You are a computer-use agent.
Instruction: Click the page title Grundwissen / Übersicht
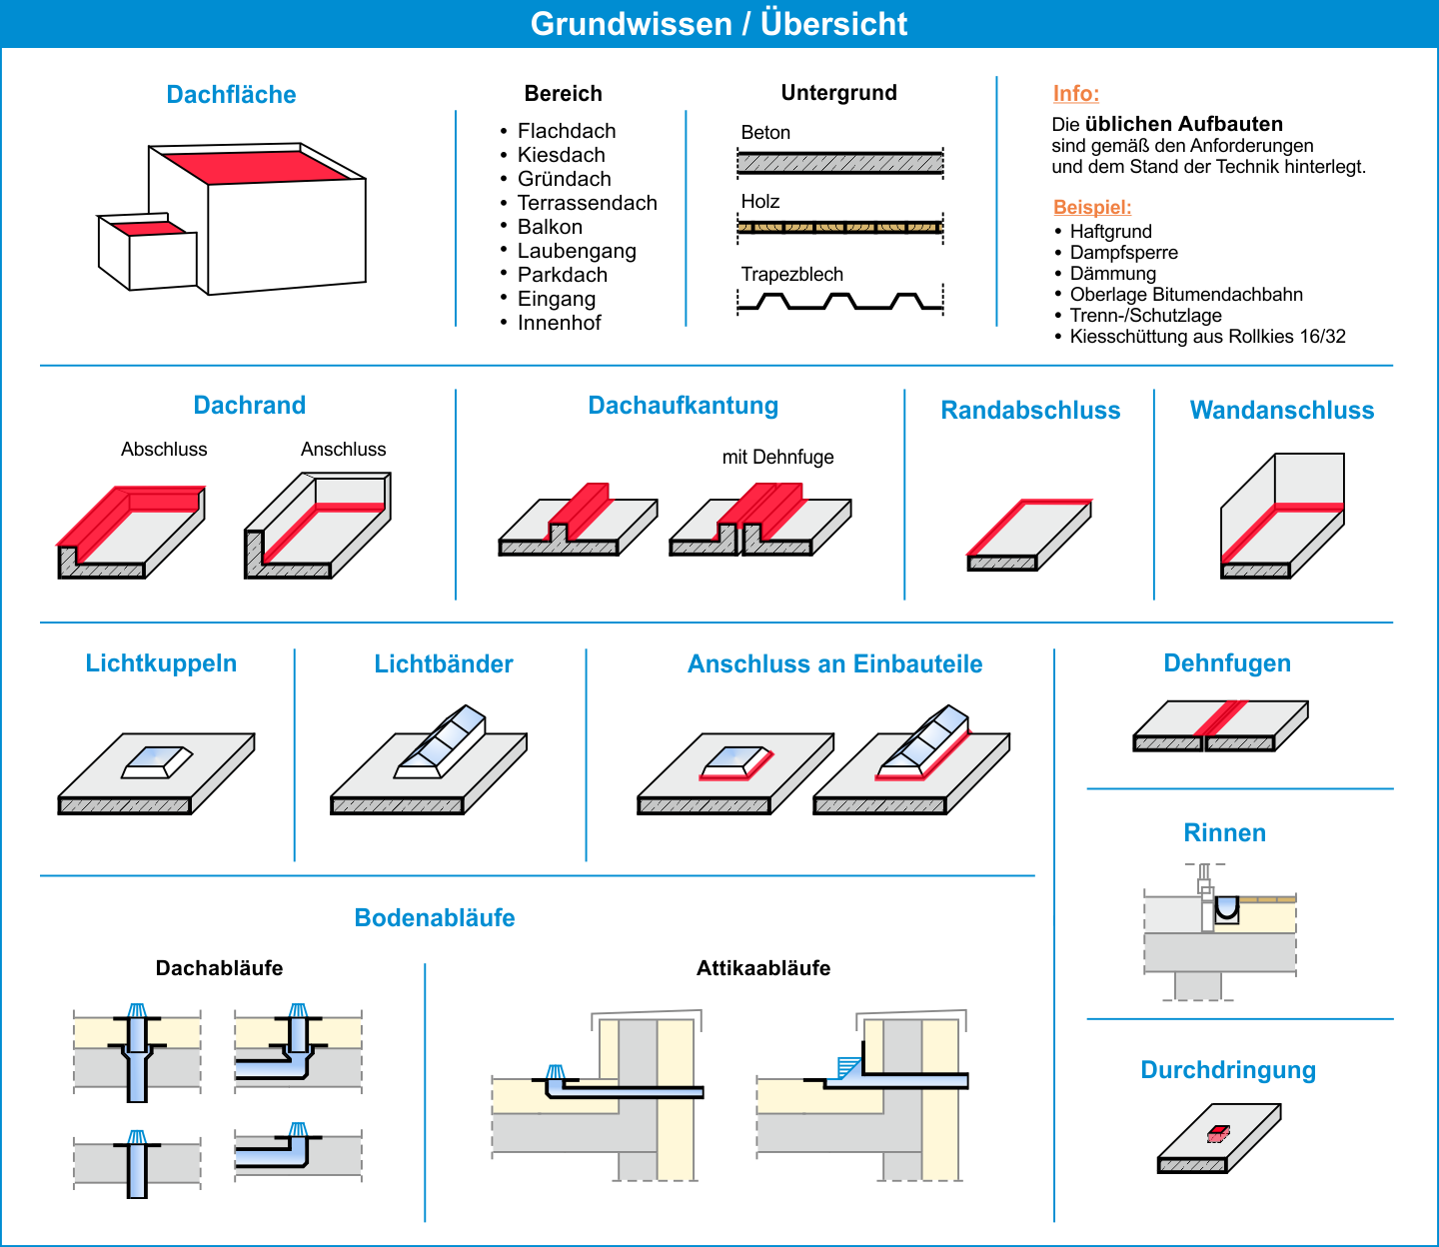(x=719, y=24)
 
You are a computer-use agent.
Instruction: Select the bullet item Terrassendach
(x=587, y=203)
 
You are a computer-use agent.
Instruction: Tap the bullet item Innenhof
(x=559, y=323)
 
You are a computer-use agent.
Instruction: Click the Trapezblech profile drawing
(x=839, y=301)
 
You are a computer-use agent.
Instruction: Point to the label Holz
(x=759, y=201)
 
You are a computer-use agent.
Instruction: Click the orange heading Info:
(x=1075, y=94)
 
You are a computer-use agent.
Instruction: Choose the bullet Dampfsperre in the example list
(x=1123, y=253)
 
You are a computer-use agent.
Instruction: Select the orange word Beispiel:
(x=1092, y=207)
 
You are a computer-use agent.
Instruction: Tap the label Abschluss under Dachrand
(x=164, y=450)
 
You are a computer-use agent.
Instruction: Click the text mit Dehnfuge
(x=777, y=458)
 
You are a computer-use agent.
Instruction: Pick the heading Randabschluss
(x=1030, y=411)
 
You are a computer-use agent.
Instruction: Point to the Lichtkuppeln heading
(x=161, y=663)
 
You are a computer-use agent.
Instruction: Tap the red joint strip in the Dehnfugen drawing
(x=1221, y=718)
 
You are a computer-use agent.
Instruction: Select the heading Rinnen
(x=1224, y=833)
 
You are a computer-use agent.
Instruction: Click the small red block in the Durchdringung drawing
(x=1218, y=1133)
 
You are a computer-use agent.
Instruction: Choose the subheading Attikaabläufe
(x=763, y=968)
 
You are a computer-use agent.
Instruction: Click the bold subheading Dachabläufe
(x=219, y=968)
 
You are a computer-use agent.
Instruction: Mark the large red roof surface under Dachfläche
(x=256, y=166)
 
